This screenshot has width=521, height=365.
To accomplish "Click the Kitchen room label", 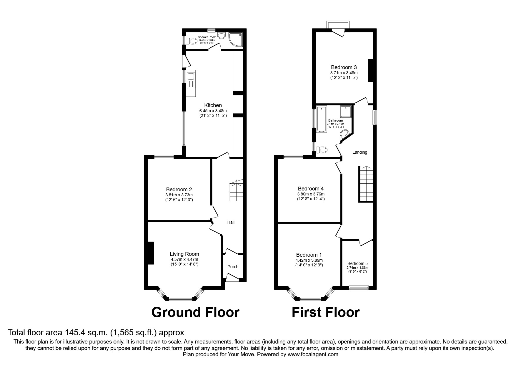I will click(213, 105).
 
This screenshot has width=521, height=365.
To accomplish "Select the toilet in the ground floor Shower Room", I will click(193, 40).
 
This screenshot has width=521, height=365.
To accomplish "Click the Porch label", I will click(233, 267).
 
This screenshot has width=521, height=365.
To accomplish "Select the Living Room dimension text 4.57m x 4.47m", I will click(184, 259).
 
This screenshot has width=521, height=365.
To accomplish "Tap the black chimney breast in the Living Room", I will click(150, 253).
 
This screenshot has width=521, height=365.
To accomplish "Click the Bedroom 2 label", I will click(179, 190).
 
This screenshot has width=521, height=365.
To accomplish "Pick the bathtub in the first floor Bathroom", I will click(321, 119).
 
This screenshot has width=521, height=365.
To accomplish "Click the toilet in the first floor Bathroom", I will click(322, 150).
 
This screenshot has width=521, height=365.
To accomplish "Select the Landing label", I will click(360, 152).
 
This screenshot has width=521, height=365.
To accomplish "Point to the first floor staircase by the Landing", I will click(366, 184).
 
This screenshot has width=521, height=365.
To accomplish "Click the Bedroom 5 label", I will click(357, 263).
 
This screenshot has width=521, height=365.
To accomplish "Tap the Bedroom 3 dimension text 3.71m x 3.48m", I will click(344, 73).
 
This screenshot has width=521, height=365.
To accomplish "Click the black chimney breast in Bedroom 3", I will click(370, 70).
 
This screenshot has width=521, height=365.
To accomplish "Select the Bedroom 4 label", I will click(311, 189).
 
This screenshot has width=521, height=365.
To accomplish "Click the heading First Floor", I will click(325, 312).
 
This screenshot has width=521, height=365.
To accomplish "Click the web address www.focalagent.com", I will click(313, 354).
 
